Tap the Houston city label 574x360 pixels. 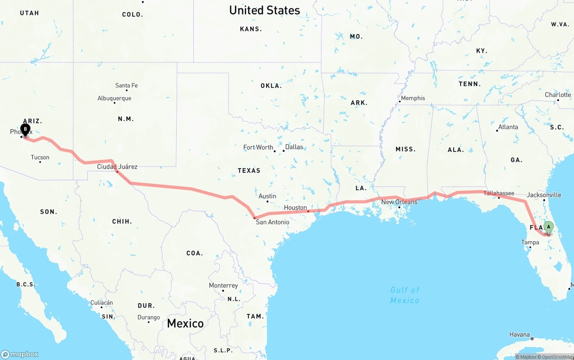(x=296, y=208)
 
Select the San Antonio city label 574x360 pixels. (x=272, y=222)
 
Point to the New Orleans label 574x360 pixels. (x=399, y=202)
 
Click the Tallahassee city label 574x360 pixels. (x=499, y=193)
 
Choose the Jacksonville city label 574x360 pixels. (x=544, y=195)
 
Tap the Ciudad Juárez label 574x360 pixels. (x=117, y=167)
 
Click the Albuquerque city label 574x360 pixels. (x=114, y=98)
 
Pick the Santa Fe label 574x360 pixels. (x=126, y=85)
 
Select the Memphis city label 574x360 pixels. (x=413, y=98)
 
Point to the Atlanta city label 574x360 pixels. (x=508, y=127)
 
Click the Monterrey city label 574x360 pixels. (x=223, y=286)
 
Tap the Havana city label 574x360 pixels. (x=519, y=334)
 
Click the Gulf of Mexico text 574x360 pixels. (x=404, y=295)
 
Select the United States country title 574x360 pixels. (x=264, y=10)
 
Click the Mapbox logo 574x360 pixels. (x=20, y=354)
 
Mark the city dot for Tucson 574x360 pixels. (x=40, y=162)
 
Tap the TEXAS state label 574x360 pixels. (x=249, y=170)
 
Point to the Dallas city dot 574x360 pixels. (x=283, y=151)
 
